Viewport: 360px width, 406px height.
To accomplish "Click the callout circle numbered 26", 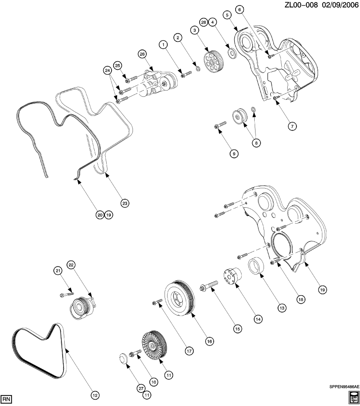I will (x=142, y=54).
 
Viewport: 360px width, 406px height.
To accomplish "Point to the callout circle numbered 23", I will (x=124, y=203).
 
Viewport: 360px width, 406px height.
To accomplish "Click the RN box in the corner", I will (x=6, y=399).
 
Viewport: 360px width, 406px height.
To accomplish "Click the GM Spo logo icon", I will (x=354, y=398).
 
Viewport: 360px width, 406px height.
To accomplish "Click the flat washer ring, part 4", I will (x=231, y=52).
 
